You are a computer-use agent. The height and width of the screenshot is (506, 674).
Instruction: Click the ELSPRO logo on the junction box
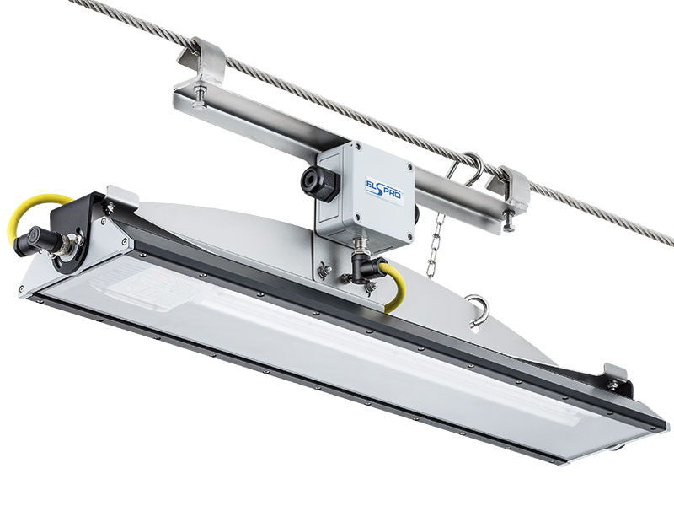384,189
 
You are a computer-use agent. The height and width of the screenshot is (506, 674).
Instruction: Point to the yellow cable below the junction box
395,285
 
